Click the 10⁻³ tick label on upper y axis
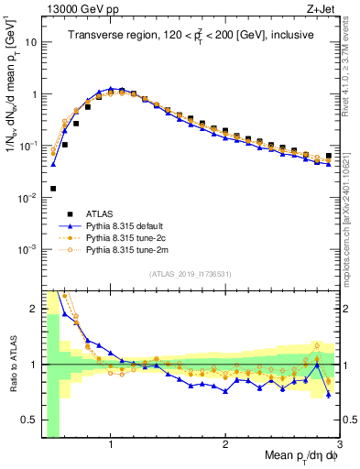click(x=25, y=249)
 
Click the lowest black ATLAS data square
click(x=53, y=189)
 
